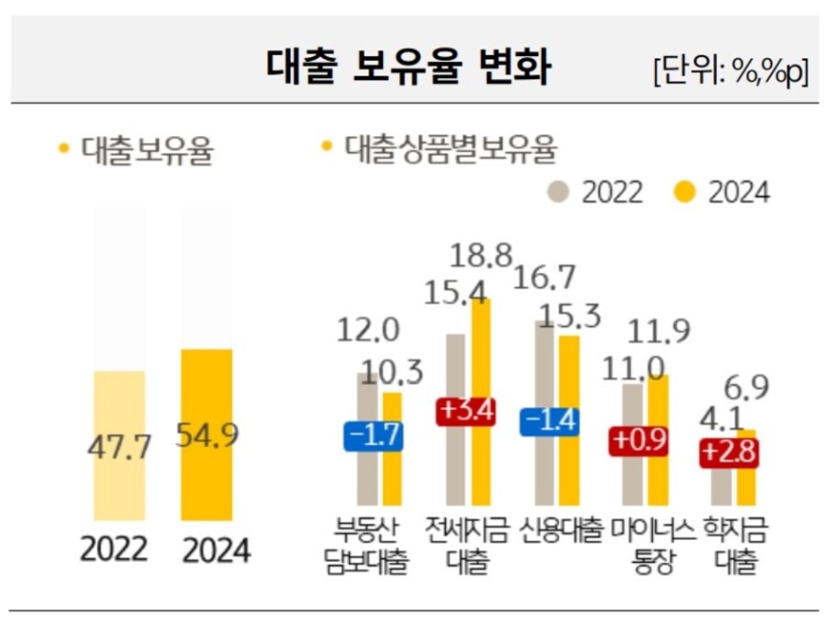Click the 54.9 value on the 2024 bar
point(207,436)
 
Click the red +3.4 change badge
point(466,411)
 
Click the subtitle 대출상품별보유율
point(451,150)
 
